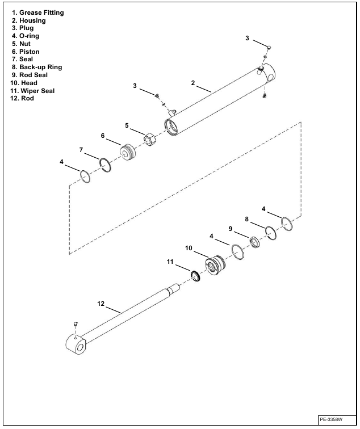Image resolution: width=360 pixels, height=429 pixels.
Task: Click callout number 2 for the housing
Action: (193, 83)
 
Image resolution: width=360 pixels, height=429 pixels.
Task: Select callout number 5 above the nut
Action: (128, 125)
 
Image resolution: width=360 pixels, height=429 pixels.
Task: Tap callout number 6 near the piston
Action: (103, 136)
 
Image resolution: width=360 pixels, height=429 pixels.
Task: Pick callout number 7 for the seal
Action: (81, 150)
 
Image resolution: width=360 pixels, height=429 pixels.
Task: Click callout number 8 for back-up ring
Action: (246, 218)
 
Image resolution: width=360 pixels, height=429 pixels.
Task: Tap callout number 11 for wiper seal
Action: (169, 262)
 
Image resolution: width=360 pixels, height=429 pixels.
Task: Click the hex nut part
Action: (150, 138)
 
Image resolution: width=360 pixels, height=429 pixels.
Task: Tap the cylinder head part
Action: (214, 266)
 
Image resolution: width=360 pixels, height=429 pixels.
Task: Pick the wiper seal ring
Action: (195, 276)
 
